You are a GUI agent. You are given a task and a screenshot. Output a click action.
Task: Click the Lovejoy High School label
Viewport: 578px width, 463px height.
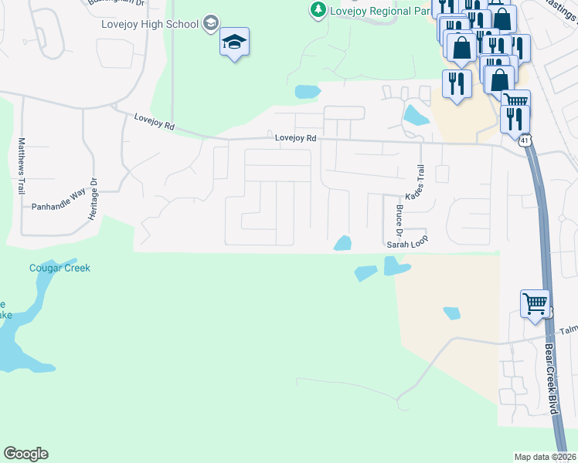150,24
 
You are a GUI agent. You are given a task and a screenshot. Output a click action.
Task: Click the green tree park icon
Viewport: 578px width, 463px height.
317,9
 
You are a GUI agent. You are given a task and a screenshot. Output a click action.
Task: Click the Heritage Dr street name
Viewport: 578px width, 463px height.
92,200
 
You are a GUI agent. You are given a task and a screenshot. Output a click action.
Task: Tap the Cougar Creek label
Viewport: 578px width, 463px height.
59,268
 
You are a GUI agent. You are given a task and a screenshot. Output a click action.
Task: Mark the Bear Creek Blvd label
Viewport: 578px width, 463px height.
551,378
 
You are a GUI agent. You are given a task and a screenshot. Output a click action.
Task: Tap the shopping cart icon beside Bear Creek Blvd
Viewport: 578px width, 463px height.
535,304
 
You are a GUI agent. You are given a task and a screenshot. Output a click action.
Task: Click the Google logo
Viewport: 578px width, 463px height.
25,454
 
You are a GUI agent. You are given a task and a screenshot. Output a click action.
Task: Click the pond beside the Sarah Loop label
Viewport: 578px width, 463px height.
342,244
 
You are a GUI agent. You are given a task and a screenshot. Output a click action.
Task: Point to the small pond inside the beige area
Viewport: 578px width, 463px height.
452,313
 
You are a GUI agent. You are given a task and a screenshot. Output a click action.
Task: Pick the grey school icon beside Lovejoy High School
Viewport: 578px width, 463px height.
209,24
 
